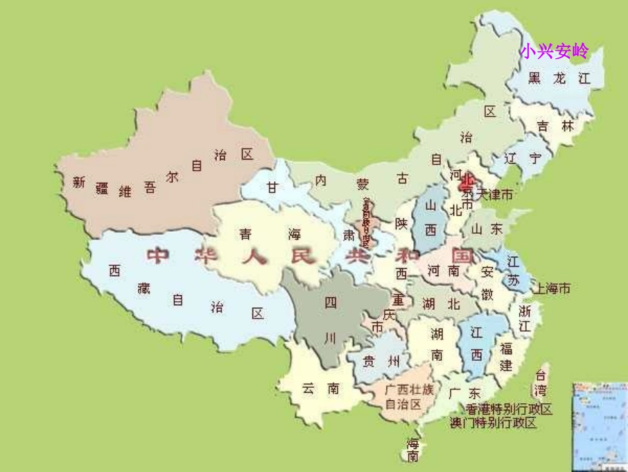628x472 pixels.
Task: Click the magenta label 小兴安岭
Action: click(553, 51)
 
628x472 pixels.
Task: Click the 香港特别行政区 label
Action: click(509, 409)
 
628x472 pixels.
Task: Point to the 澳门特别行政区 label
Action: click(492, 422)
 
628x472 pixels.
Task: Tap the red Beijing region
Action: click(467, 181)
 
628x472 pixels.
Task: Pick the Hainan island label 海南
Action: click(413, 450)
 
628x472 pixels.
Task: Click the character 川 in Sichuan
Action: click(331, 338)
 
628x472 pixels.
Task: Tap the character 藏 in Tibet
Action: click(144, 288)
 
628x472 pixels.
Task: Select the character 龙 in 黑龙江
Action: click(559, 78)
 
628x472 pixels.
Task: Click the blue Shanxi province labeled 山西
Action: click(431, 218)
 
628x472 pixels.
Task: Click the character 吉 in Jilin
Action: click(543, 126)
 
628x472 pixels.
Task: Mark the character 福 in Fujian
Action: click(506, 349)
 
